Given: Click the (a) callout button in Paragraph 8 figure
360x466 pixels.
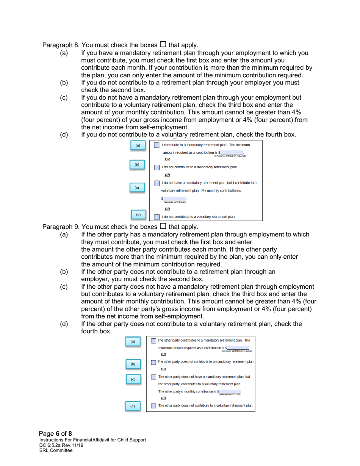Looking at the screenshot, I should (138, 145).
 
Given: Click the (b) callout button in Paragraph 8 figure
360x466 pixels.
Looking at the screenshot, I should (137, 165).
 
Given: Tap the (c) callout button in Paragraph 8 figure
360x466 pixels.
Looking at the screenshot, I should (137, 188).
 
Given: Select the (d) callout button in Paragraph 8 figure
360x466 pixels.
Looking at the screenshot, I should (138, 215).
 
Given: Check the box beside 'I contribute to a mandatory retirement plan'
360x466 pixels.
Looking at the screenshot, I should (157, 145).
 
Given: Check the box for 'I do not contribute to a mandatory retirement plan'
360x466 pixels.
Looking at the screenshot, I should (157, 167).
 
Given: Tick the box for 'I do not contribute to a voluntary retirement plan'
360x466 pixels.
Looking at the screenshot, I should (157, 217).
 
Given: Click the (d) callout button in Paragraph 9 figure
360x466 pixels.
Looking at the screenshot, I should (133, 407).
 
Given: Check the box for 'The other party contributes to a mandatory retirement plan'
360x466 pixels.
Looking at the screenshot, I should (153, 340).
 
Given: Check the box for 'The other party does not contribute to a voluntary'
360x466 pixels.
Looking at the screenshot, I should (153, 405).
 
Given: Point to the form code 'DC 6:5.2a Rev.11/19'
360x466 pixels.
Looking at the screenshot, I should (61, 445).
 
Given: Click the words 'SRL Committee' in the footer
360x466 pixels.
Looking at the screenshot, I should (56, 450).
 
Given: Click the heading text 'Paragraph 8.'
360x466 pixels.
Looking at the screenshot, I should (58, 45).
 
